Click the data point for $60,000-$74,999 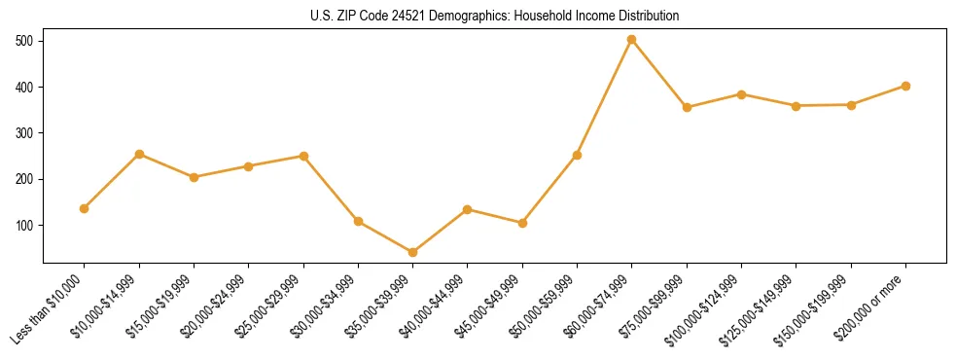[632, 40]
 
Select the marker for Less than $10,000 [85, 208]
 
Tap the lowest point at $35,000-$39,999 [413, 252]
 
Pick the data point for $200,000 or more [905, 86]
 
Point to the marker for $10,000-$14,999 [139, 154]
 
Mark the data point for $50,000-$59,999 [577, 155]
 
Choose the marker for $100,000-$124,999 [741, 94]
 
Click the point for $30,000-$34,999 [358, 221]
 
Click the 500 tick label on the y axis [25, 41]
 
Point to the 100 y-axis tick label [25, 225]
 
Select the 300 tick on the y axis [25, 133]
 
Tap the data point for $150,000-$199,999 [851, 104]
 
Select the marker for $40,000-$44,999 [468, 209]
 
